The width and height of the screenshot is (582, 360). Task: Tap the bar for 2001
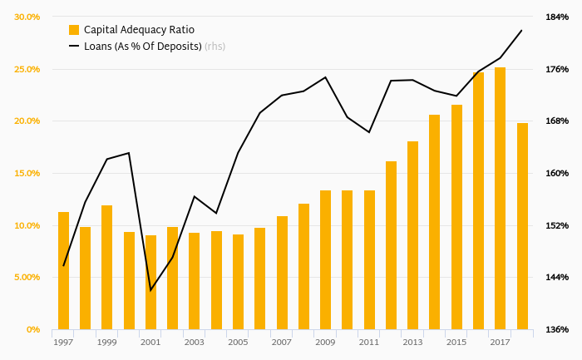[x=150, y=283]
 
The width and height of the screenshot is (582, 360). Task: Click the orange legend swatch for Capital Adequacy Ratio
[x=74, y=30]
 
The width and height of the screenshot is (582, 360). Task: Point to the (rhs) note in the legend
[x=215, y=47]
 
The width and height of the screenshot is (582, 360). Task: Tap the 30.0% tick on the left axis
[x=27, y=17]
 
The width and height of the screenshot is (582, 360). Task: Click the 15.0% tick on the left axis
[x=27, y=173]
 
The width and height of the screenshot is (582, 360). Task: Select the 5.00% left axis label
[x=27, y=278]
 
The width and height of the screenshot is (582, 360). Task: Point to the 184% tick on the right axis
[x=557, y=17]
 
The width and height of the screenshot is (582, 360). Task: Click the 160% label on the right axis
[x=557, y=173]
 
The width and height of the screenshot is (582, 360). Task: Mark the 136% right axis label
[x=557, y=330]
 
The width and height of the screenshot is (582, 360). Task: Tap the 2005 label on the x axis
[x=238, y=342]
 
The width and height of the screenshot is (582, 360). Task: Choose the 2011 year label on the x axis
[x=368, y=342]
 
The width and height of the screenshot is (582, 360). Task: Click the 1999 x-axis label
[x=106, y=342]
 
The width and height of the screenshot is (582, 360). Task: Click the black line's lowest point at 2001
[x=150, y=290]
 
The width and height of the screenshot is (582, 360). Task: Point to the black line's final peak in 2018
[x=521, y=30]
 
